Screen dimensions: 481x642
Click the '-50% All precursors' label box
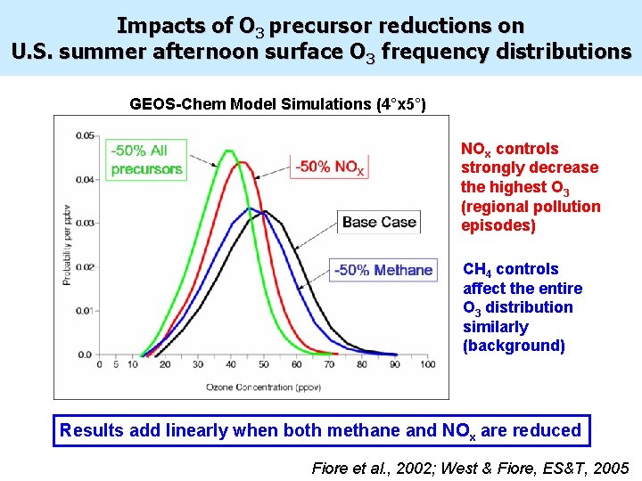tap(147, 159)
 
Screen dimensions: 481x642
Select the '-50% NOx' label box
tap(330, 167)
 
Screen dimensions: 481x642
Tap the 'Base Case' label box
tap(380, 222)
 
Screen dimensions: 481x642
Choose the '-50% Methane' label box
tap(383, 270)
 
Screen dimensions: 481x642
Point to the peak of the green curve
tap(229, 151)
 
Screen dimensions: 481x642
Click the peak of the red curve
tap(241, 162)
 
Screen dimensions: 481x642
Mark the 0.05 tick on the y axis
tap(88, 135)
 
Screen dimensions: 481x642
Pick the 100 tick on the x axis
tap(428, 364)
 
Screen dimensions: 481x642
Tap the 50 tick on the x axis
tap(263, 364)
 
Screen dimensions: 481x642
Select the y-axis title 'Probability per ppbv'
tap(66, 245)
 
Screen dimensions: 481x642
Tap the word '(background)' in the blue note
tap(514, 346)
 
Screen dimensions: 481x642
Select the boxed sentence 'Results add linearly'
tap(320, 430)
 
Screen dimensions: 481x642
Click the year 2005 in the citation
tap(610, 468)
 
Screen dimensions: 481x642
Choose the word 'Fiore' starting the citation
tap(332, 468)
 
